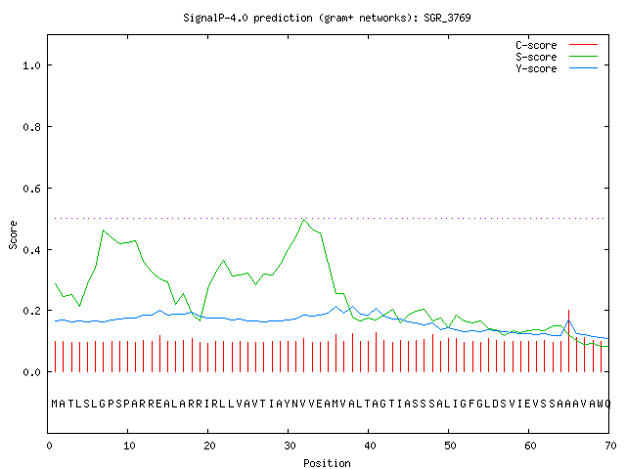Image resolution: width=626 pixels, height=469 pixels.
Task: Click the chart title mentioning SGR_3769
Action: coord(327,18)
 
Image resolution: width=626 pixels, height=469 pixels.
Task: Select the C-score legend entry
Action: coord(557,45)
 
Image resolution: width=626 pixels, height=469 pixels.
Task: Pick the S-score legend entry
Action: coord(557,57)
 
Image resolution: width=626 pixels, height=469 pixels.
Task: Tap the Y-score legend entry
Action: coord(557,68)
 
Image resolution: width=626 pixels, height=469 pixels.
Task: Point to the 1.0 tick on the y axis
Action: coord(31,65)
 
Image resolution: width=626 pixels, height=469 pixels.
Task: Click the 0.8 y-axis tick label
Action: coord(31,127)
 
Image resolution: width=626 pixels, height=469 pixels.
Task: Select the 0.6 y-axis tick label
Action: coord(31,189)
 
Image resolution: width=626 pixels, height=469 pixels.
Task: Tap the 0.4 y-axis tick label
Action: coord(31,250)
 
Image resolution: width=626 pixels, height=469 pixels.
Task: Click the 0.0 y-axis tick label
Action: coord(31,372)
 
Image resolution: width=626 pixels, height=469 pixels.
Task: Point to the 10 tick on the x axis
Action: coord(129,446)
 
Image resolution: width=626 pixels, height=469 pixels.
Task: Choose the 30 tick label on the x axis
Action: coord(290,446)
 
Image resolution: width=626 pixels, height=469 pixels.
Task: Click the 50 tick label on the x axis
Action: coord(450,446)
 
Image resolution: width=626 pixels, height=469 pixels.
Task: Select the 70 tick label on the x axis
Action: coord(610,446)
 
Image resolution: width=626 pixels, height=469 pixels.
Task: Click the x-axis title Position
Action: coord(327,463)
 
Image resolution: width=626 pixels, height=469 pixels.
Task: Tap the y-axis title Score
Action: coord(13,235)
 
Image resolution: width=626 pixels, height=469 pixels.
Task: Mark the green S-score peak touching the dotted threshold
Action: coord(304,219)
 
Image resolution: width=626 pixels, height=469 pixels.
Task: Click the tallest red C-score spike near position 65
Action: coord(568,341)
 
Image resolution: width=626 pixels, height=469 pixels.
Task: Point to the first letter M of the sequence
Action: coord(55,404)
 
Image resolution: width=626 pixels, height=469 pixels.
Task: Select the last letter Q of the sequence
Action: coord(607,404)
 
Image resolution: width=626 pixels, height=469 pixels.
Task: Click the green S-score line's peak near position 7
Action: coord(104,231)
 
